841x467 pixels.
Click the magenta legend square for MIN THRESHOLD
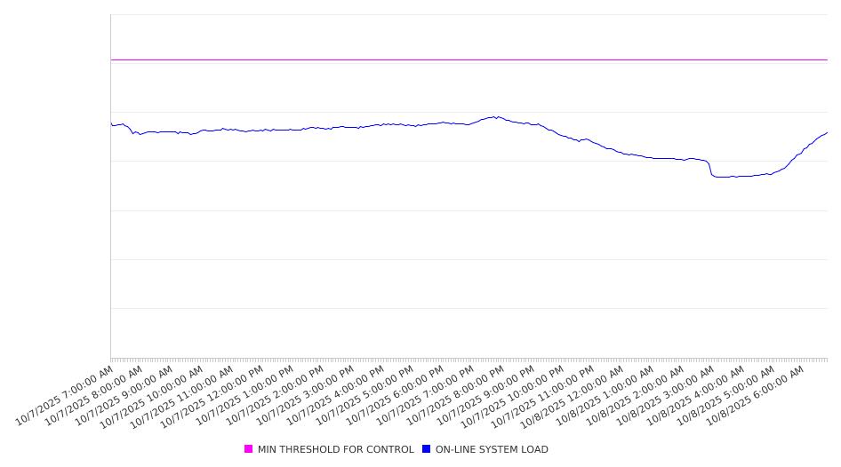[x=248, y=449]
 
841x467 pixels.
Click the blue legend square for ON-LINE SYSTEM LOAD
[x=426, y=449]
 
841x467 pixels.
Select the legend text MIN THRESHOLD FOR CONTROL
[x=335, y=449]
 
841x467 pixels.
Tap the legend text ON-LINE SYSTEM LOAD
[x=492, y=449]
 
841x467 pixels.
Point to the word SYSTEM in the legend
[x=493, y=449]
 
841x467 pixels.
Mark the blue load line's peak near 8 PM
[x=495, y=116]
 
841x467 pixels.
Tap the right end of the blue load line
[x=827, y=133]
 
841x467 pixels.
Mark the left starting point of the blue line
[x=111, y=123]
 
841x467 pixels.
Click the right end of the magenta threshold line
[x=827, y=59]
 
